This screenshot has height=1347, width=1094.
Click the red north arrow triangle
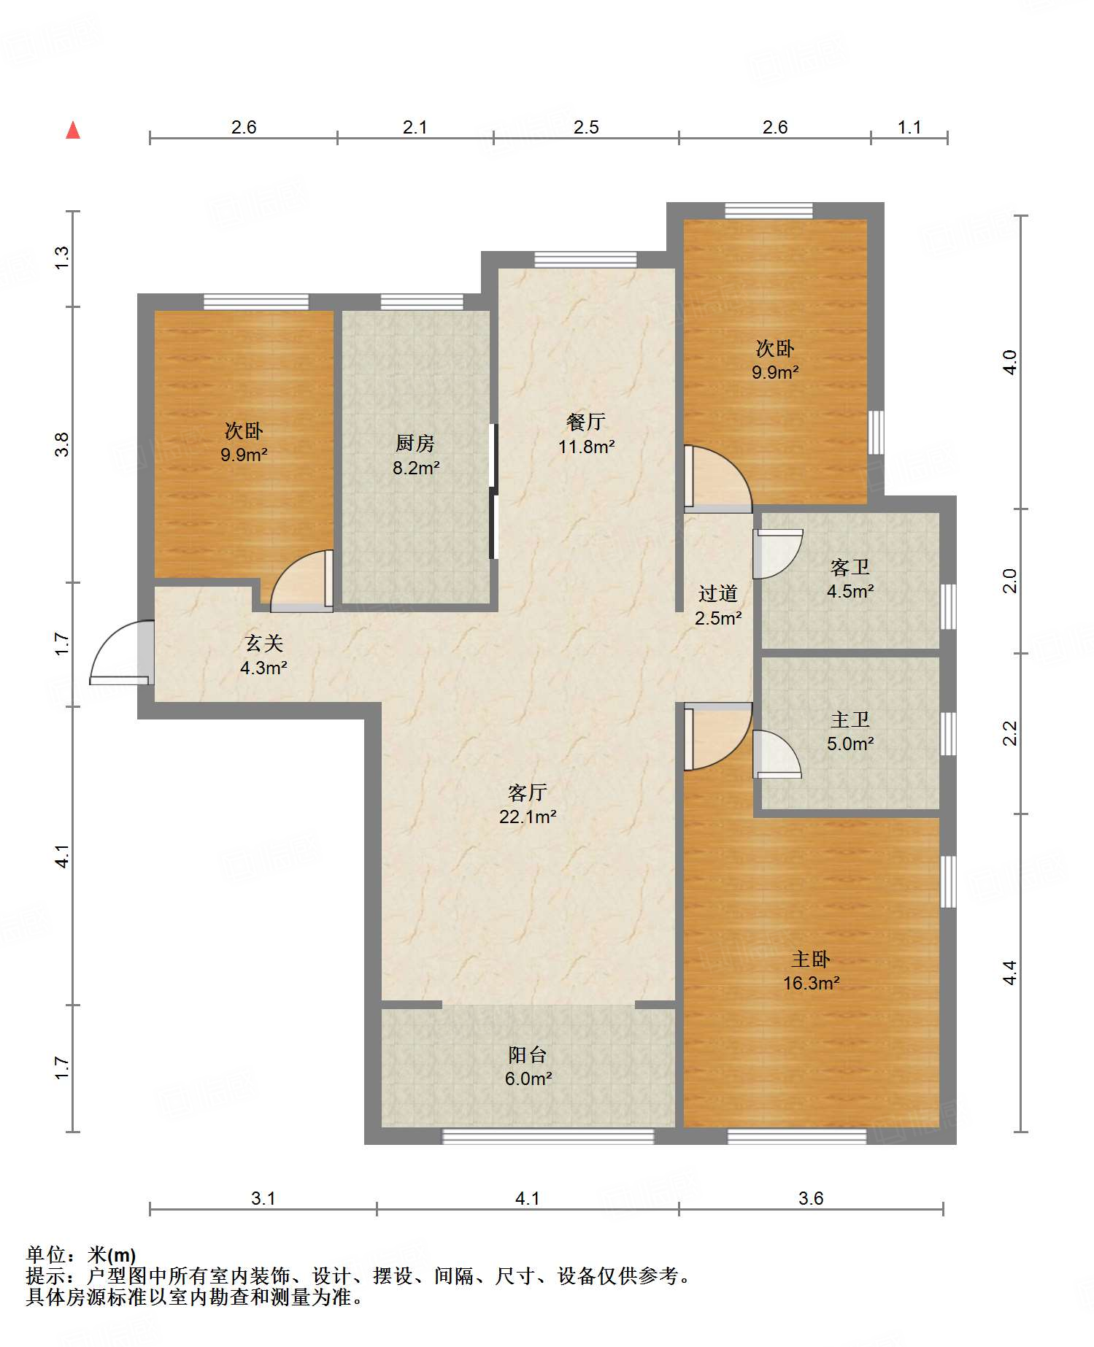[x=73, y=130]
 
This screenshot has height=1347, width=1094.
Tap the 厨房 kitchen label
[x=415, y=443]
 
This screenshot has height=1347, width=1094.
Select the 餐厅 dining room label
[x=586, y=422]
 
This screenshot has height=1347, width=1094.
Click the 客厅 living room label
[x=528, y=792]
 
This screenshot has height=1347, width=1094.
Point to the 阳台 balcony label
[x=528, y=1054]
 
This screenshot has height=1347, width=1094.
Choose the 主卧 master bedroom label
[x=811, y=959]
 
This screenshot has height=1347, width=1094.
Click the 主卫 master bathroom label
[x=850, y=719]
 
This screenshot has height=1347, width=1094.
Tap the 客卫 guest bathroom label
[x=850, y=567]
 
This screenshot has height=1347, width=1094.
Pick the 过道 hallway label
[x=718, y=594]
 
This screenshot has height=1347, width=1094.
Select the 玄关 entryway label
[x=263, y=643]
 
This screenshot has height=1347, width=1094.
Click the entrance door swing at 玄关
[x=121, y=652]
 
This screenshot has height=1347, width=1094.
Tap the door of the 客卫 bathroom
[x=778, y=554]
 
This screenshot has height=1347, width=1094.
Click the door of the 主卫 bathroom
[x=777, y=754]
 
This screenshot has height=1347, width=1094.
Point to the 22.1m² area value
[x=528, y=817]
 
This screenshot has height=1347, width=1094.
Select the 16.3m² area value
[x=811, y=983]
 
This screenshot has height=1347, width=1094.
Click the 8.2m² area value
[x=416, y=468]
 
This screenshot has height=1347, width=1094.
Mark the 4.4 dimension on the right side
[x=1009, y=973]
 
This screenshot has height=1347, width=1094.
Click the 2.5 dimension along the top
[x=586, y=128]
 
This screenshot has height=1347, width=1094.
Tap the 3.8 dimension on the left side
[x=62, y=444]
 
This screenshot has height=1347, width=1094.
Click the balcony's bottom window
[x=548, y=1135]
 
